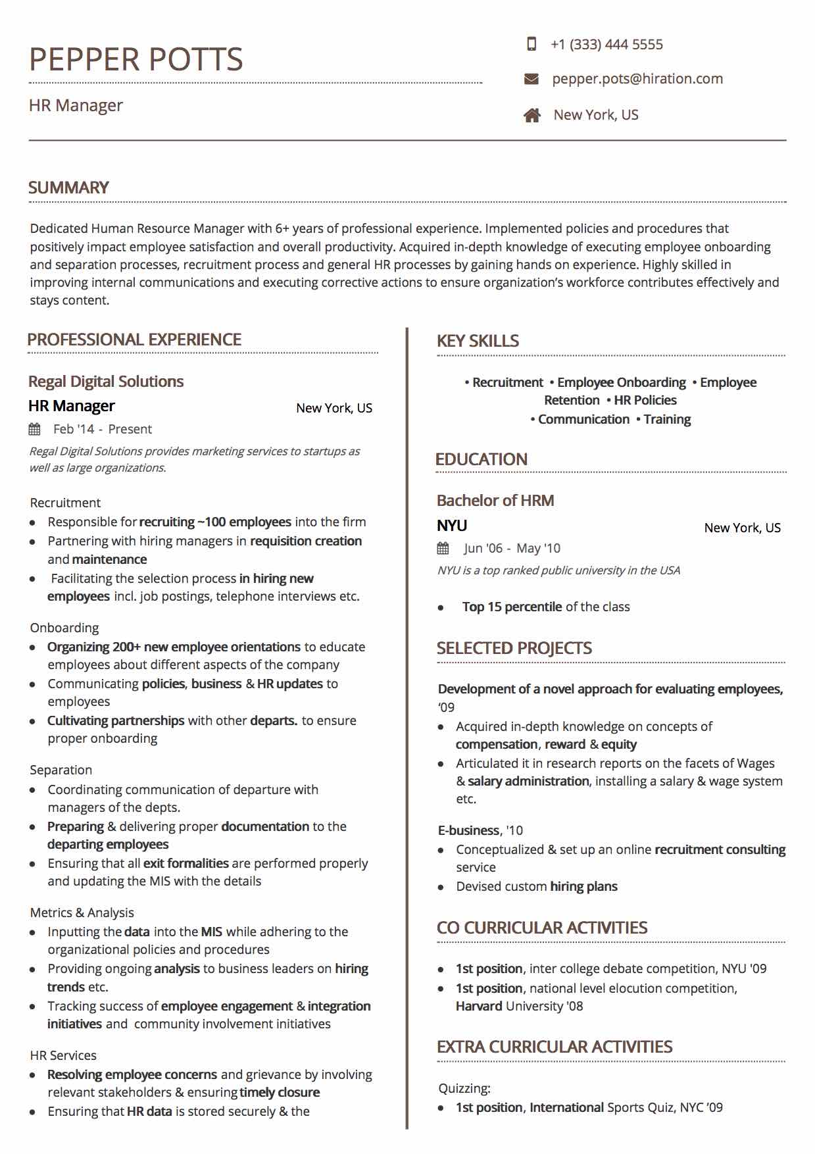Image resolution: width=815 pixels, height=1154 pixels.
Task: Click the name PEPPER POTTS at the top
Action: pyautogui.click(x=136, y=59)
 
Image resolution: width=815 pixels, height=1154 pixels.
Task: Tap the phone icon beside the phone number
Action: pyautogui.click(x=531, y=44)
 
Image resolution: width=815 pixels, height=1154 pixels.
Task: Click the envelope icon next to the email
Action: pyautogui.click(x=531, y=79)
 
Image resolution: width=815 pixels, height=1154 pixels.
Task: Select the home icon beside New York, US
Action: pyautogui.click(x=532, y=115)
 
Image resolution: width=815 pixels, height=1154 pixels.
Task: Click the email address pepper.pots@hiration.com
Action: pyautogui.click(x=637, y=79)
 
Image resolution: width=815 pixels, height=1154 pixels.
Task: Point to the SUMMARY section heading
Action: pyautogui.click(x=68, y=188)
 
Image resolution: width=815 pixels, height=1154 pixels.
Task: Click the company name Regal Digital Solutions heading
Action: pyautogui.click(x=106, y=382)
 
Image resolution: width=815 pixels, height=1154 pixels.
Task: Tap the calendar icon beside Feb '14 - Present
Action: pyautogui.click(x=35, y=430)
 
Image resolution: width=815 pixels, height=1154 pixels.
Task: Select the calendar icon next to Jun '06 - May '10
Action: pyautogui.click(x=443, y=548)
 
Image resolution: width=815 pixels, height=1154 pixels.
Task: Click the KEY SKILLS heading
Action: pyautogui.click(x=478, y=341)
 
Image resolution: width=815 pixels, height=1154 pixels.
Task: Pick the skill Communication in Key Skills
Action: pyautogui.click(x=583, y=420)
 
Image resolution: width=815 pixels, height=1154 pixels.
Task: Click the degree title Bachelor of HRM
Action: pyautogui.click(x=495, y=501)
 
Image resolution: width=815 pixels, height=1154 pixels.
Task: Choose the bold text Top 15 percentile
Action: pyautogui.click(x=512, y=607)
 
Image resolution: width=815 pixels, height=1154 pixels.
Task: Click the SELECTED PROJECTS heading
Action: pyautogui.click(x=514, y=648)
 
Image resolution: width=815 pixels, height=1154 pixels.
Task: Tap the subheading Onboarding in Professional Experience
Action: pyautogui.click(x=64, y=628)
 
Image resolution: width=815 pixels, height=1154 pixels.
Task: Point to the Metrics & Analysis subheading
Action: pyautogui.click(x=82, y=913)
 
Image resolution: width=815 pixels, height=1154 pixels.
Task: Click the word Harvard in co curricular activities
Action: pyautogui.click(x=479, y=1006)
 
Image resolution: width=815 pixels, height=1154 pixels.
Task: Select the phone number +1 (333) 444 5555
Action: pyautogui.click(x=606, y=45)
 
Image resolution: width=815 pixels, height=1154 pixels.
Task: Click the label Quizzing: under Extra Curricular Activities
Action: pyautogui.click(x=464, y=1088)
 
